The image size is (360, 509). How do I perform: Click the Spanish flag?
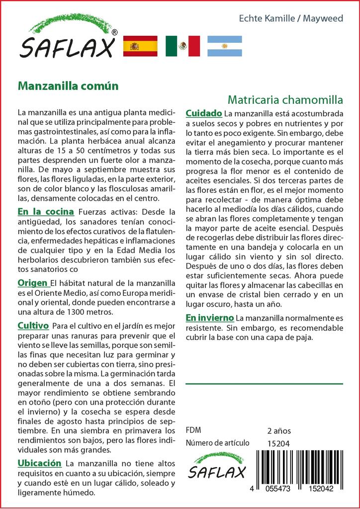(140, 46)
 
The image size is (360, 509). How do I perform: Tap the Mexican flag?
(182, 46)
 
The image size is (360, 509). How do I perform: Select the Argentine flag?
(224, 46)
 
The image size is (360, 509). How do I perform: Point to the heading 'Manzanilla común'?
(68, 85)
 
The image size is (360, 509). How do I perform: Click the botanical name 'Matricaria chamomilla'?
(285, 98)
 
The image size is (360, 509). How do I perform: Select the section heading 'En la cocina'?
(46, 211)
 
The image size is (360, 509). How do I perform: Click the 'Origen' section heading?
(32, 283)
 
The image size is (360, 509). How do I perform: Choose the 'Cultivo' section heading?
(33, 326)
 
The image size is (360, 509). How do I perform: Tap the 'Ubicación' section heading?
(39, 463)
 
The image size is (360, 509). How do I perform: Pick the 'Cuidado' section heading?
(203, 113)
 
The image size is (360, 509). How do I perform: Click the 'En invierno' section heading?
(209, 317)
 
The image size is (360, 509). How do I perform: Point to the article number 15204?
(278, 443)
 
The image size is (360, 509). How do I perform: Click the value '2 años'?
(279, 430)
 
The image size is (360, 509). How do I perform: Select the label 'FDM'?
(194, 430)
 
